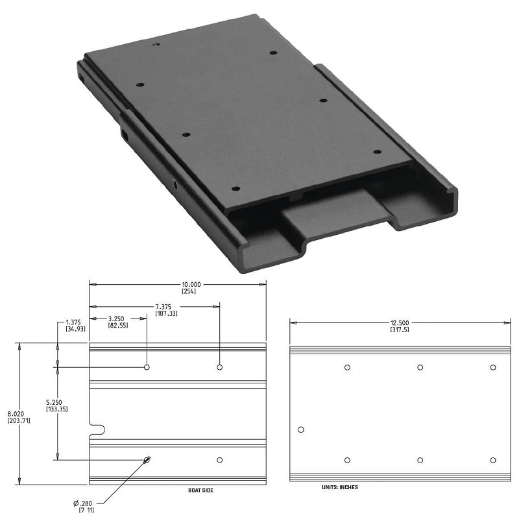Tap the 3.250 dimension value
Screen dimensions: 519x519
click(117, 319)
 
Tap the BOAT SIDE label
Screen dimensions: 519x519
click(196, 490)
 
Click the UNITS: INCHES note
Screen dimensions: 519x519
click(339, 487)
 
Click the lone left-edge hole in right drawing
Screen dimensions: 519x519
click(300, 429)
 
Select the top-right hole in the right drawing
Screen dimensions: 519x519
click(493, 367)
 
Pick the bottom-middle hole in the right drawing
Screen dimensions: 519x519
click(420, 460)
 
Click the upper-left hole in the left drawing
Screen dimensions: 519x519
click(147, 367)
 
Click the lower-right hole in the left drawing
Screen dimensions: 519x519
click(220, 460)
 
